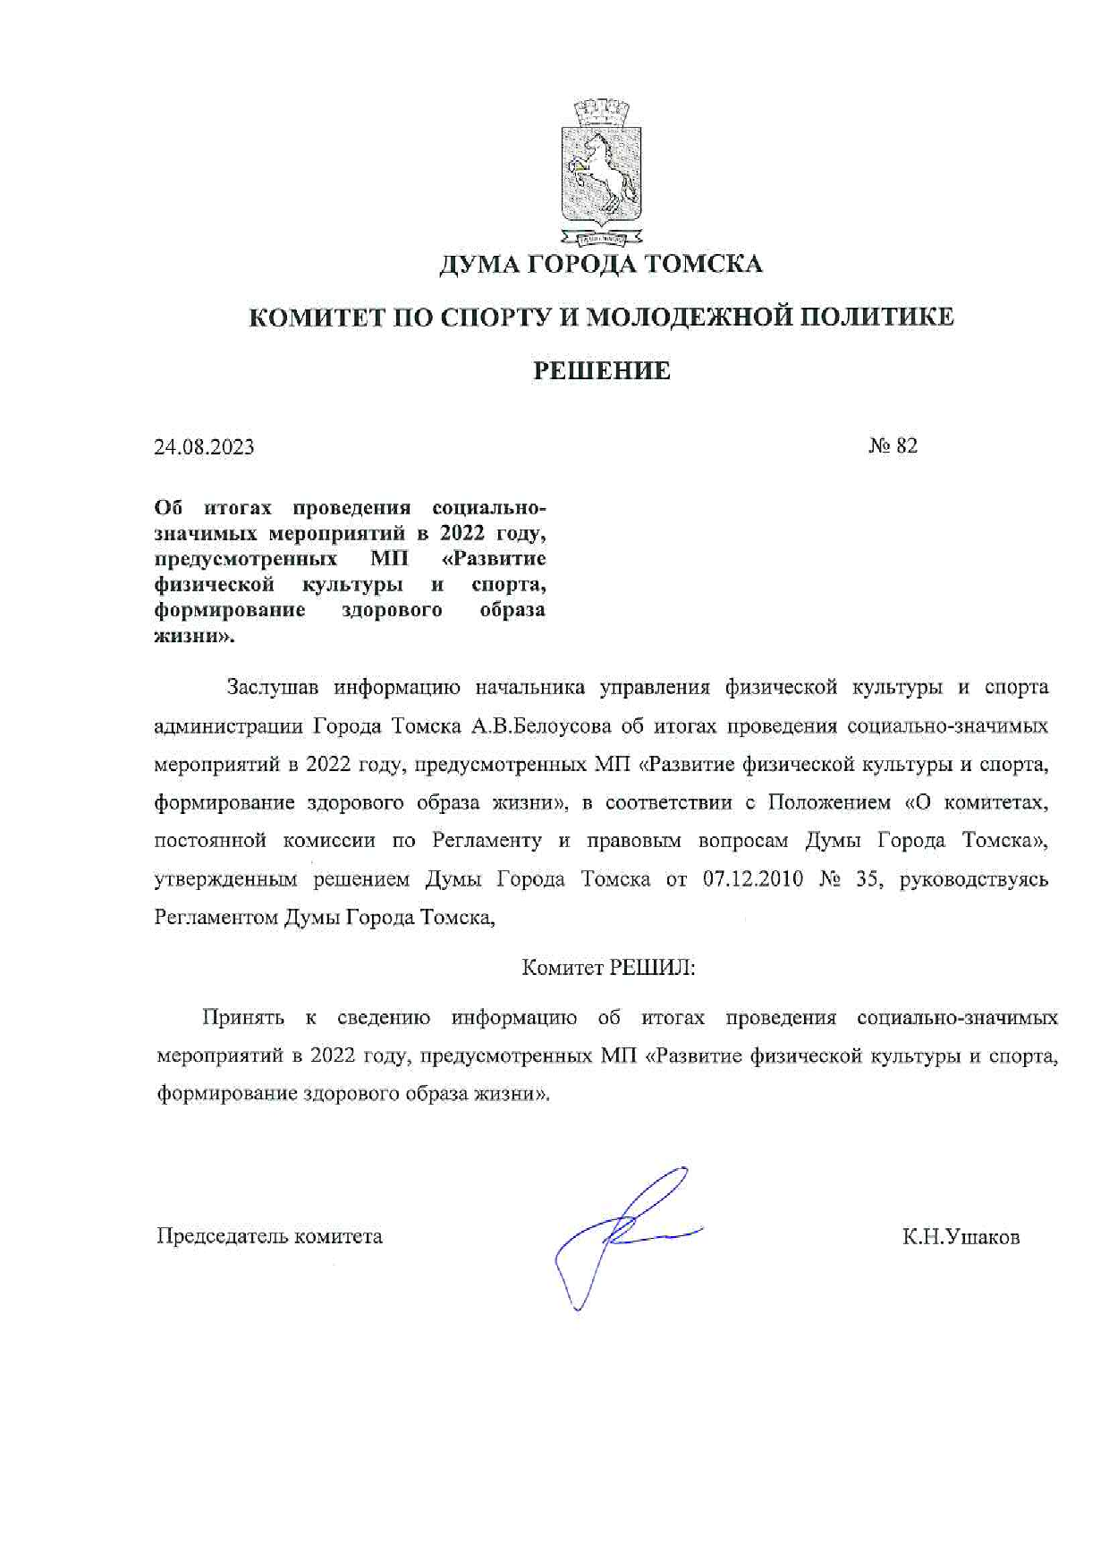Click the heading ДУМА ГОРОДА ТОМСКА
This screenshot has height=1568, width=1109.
[600, 265]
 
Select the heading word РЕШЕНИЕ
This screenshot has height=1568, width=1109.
[601, 370]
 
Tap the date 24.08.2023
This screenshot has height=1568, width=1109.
[204, 447]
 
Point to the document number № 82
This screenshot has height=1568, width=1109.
[893, 445]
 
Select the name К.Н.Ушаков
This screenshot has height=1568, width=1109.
[961, 1237]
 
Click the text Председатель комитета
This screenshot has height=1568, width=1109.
[269, 1236]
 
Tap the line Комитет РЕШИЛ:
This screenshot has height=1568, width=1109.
[608, 968]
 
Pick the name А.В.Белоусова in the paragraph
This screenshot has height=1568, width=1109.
[535, 726]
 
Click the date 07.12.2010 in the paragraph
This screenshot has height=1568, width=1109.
[749, 879]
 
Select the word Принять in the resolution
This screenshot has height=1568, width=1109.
[243, 1017]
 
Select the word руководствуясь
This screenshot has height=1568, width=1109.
[973, 879]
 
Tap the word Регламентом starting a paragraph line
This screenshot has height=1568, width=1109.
[216, 918]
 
